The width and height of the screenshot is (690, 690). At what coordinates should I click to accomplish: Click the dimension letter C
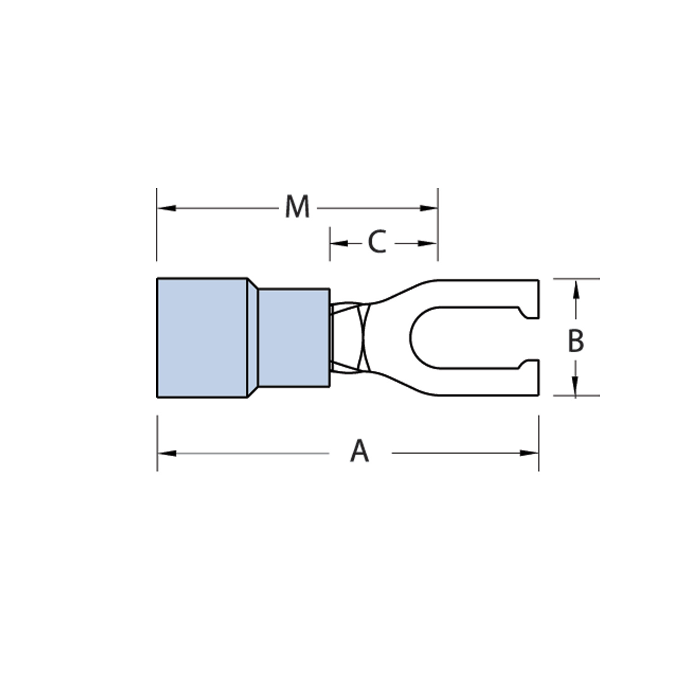[377, 242]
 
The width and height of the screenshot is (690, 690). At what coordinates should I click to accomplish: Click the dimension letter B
[575, 341]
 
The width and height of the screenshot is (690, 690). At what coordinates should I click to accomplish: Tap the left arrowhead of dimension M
[167, 208]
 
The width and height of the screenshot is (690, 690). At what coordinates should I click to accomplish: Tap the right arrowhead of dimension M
[428, 208]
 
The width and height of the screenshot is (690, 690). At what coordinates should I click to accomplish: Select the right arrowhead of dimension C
[427, 243]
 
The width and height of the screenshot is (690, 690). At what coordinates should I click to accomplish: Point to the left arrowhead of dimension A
[167, 454]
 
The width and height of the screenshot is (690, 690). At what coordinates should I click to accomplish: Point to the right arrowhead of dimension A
[529, 454]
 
